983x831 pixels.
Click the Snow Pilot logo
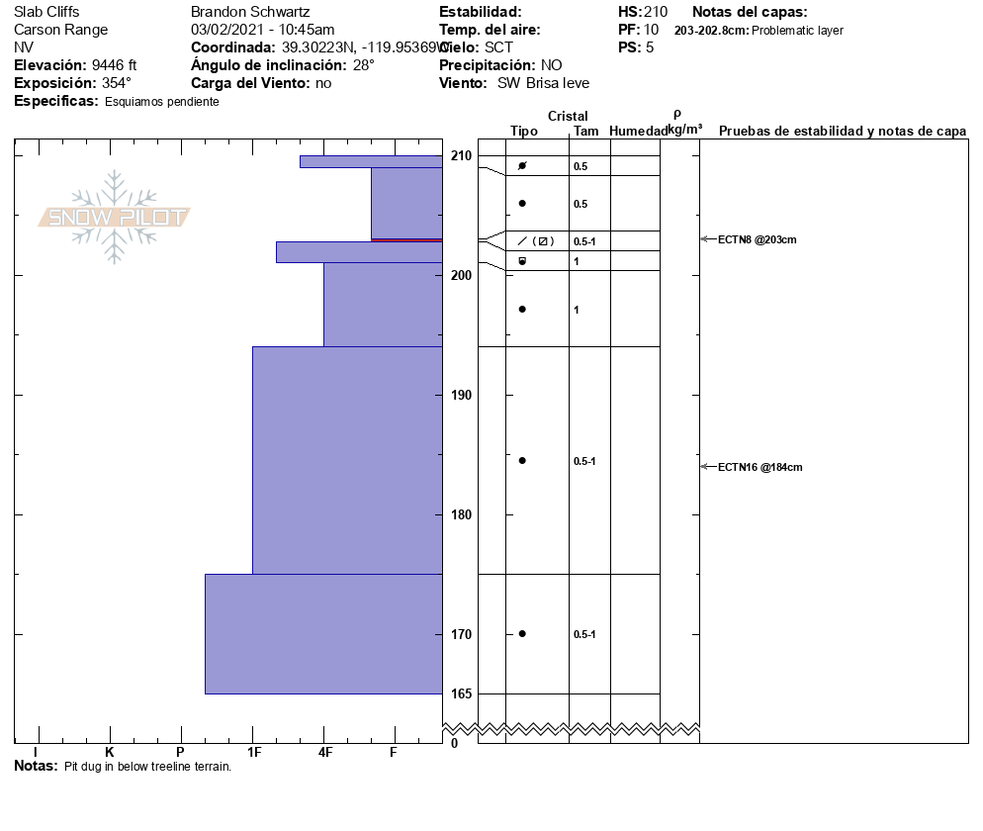click(x=115, y=218)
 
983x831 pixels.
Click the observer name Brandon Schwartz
click(x=250, y=12)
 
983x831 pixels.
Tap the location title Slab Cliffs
click(x=46, y=12)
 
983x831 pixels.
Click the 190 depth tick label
click(x=462, y=395)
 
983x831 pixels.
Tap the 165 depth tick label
click(x=462, y=693)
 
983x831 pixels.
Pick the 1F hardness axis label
click(x=253, y=753)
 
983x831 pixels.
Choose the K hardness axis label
click(x=110, y=753)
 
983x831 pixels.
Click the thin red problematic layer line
click(x=406, y=239)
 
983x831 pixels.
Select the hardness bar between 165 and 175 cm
click(x=323, y=633)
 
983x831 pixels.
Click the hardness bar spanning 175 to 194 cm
click(x=347, y=460)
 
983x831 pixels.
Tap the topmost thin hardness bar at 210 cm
click(x=371, y=161)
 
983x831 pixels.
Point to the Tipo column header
click(x=524, y=131)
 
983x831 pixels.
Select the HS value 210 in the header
click(x=656, y=12)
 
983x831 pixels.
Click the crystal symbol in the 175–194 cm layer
click(x=522, y=460)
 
